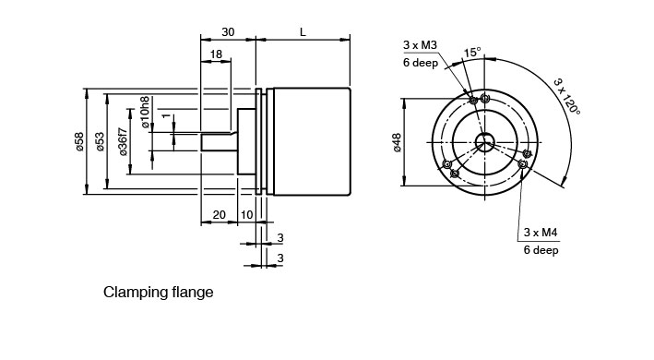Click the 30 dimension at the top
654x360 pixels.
point(228,32)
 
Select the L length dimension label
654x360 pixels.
point(303,32)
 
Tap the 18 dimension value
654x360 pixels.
point(216,54)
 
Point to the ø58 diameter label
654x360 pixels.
point(79,141)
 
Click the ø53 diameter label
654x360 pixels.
point(100,141)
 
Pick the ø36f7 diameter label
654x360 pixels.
point(123,141)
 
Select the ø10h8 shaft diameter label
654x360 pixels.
point(145,112)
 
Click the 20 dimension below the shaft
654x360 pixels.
point(219,215)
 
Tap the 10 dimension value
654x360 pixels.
point(247,215)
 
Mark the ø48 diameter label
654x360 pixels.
point(397,142)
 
